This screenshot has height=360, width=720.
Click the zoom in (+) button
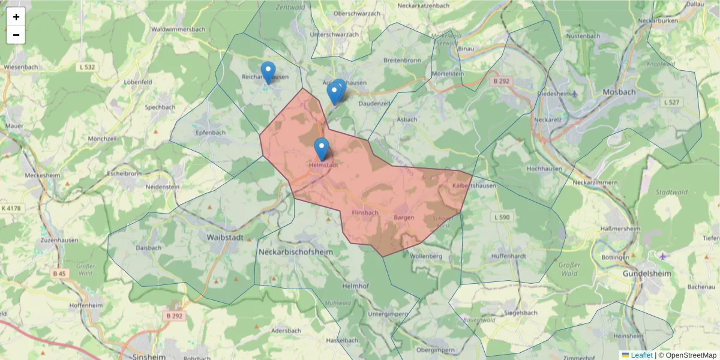click(16, 17)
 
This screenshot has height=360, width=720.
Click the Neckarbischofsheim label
click(295, 252)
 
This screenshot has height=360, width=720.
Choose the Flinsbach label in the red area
click(365, 212)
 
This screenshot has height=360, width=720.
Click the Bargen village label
click(404, 217)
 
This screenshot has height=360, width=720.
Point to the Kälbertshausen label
click(475, 185)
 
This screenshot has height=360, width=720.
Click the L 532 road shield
click(87, 67)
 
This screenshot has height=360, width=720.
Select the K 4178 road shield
click(11, 208)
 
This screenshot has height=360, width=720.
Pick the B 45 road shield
click(59, 274)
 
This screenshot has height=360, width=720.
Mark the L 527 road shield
click(670, 103)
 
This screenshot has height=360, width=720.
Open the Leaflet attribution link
click(641, 355)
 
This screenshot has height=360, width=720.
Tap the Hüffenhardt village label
click(508, 256)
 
